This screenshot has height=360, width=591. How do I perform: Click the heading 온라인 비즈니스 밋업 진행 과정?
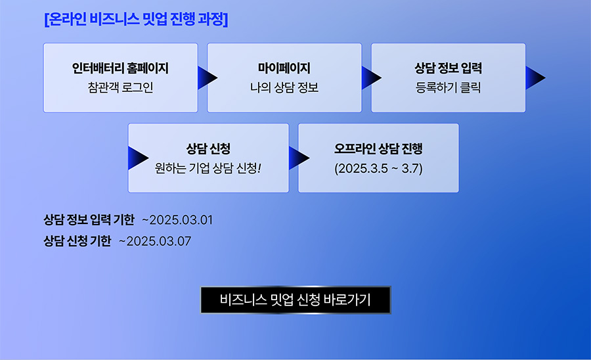pos(136,19)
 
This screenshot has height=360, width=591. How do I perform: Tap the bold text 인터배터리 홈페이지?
pos(120,68)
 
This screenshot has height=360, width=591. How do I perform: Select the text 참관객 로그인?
pos(121,87)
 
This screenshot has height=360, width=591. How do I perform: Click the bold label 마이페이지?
pos(284,68)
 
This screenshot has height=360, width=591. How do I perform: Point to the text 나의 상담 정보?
pos(284,87)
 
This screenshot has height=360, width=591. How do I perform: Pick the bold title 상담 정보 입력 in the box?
pos(448,68)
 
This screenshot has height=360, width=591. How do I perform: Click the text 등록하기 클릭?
pos(448,87)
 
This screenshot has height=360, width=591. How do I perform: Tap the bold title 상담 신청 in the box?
pos(208,148)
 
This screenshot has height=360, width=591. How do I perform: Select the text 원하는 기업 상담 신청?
pos(208,168)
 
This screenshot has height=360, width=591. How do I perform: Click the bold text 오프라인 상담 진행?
pos(378,148)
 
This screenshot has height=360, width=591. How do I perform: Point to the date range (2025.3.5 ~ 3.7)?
pos(378,168)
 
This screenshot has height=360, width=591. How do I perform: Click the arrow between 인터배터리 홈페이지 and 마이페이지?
pos(207,78)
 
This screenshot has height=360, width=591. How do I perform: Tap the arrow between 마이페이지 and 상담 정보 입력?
pos(371,78)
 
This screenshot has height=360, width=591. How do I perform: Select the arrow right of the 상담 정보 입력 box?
pos(535,78)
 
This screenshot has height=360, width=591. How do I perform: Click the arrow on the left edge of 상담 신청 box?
pos(138,158)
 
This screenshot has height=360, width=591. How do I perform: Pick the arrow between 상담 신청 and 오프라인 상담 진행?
pos(299,158)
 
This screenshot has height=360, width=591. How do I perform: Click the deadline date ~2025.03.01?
pos(177,220)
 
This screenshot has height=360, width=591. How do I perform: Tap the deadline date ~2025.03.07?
pos(155,241)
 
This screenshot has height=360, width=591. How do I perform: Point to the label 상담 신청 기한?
pos(77,241)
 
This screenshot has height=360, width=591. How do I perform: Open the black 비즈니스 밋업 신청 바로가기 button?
pos(295,300)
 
